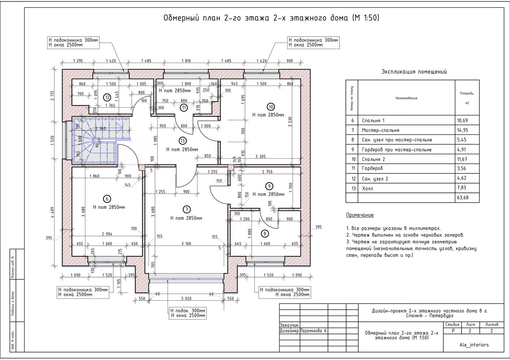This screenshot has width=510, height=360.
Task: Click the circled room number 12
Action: [x=107, y=97]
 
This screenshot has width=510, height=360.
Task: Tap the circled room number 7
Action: [x=186, y=209]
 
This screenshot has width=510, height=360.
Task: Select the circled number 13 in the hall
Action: [x=183, y=141]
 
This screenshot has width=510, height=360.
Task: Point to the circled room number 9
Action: [x=269, y=186]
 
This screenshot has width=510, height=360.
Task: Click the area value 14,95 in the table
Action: [x=462, y=130]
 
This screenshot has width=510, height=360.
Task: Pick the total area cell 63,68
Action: [x=463, y=198]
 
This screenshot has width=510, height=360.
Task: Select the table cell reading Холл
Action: [x=368, y=188]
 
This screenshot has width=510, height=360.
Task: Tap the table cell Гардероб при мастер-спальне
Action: [x=397, y=150]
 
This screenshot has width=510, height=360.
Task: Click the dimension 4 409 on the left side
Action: [x=52, y=212]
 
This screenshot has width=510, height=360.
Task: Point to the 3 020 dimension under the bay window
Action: [x=186, y=299]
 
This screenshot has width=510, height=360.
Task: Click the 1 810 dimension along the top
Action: [x=186, y=61]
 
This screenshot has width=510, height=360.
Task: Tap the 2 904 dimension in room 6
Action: [x=107, y=234]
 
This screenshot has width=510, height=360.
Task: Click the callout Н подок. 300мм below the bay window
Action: [x=188, y=311]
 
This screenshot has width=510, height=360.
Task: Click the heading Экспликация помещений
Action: [x=414, y=72]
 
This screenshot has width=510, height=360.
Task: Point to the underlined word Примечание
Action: [x=360, y=215]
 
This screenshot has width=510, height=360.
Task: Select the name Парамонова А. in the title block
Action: [x=314, y=331]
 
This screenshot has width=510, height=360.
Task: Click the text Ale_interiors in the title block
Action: [x=474, y=345]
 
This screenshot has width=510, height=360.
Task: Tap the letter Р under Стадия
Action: [x=453, y=331]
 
